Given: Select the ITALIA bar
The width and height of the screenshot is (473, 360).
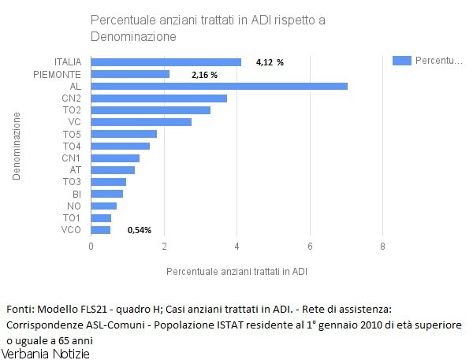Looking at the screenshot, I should pyautogui.click(x=166, y=62).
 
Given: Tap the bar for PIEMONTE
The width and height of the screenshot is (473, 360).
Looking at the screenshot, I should pyautogui.click(x=130, y=74).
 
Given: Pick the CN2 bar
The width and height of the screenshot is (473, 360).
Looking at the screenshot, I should pyautogui.click(x=159, y=98).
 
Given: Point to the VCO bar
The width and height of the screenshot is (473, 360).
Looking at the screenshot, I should pyautogui.click(x=101, y=229).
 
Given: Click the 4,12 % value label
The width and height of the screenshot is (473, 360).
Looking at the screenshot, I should pyautogui.click(x=270, y=62).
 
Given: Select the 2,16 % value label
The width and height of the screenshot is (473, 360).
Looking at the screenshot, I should pyautogui.click(x=204, y=75).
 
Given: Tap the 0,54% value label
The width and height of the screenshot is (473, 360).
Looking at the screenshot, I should pyautogui.click(x=139, y=230).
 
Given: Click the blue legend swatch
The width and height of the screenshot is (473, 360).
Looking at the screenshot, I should pyautogui.click(x=402, y=60).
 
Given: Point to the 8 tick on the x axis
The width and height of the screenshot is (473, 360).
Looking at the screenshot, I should pyautogui.click(x=382, y=247).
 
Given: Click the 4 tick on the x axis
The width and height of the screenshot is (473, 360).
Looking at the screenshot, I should pyautogui.click(x=237, y=247).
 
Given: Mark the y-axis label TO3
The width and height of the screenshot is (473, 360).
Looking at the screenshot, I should pyautogui.click(x=72, y=182).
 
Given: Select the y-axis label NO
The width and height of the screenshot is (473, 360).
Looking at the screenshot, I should pyautogui.click(x=75, y=206).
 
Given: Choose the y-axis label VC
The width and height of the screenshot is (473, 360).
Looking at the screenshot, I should pyautogui.click(x=75, y=122).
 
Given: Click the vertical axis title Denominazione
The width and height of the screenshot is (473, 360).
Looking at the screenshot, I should pyautogui.click(x=16, y=146).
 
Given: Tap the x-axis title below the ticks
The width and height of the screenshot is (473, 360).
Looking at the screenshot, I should pyautogui.click(x=236, y=271).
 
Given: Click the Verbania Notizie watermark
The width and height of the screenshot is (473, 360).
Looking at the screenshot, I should pyautogui.click(x=47, y=354).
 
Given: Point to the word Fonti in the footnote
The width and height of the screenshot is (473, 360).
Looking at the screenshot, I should pyautogui.click(x=19, y=308).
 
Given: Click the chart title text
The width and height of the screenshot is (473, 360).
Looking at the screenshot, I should pyautogui.click(x=207, y=28).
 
